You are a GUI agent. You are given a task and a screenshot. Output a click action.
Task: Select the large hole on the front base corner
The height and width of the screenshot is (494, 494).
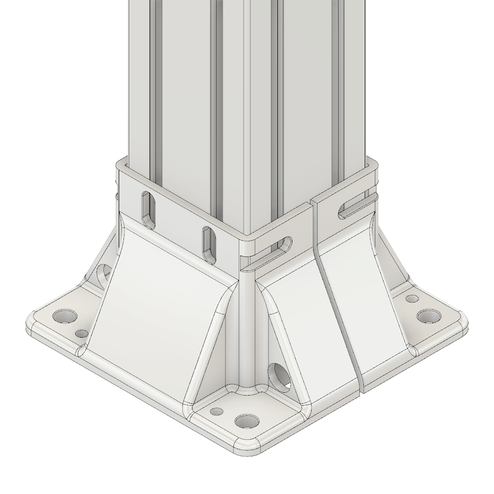point(247,421)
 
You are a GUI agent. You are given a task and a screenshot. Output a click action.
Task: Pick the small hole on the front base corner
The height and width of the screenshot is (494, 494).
point(216,411)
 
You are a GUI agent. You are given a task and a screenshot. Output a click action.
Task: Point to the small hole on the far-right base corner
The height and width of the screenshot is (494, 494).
point(411,298)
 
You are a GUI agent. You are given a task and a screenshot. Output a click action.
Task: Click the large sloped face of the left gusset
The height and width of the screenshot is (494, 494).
point(158,296)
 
